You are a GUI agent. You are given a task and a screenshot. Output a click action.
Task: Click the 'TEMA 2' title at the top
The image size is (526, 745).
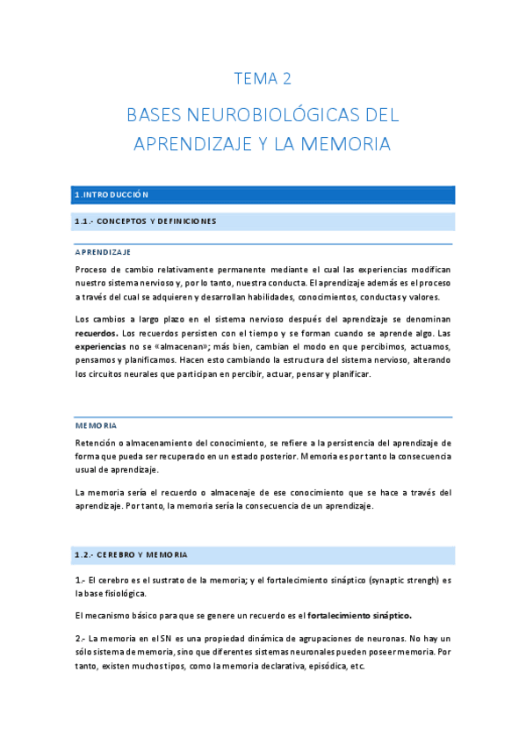(x=263, y=79)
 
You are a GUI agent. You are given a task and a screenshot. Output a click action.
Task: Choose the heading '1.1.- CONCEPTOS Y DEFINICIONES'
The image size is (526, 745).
(x=146, y=221)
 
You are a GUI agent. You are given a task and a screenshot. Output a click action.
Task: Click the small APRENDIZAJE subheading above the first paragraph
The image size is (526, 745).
(x=103, y=252)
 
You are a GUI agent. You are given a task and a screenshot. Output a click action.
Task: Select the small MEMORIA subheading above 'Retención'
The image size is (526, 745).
(x=96, y=425)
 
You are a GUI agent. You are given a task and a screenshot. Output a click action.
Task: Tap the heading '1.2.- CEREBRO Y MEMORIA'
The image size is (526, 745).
(x=131, y=555)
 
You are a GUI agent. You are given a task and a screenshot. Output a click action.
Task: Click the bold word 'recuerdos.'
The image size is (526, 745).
(x=97, y=334)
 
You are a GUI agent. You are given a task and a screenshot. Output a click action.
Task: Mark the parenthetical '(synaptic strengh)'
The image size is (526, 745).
(x=392, y=581)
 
